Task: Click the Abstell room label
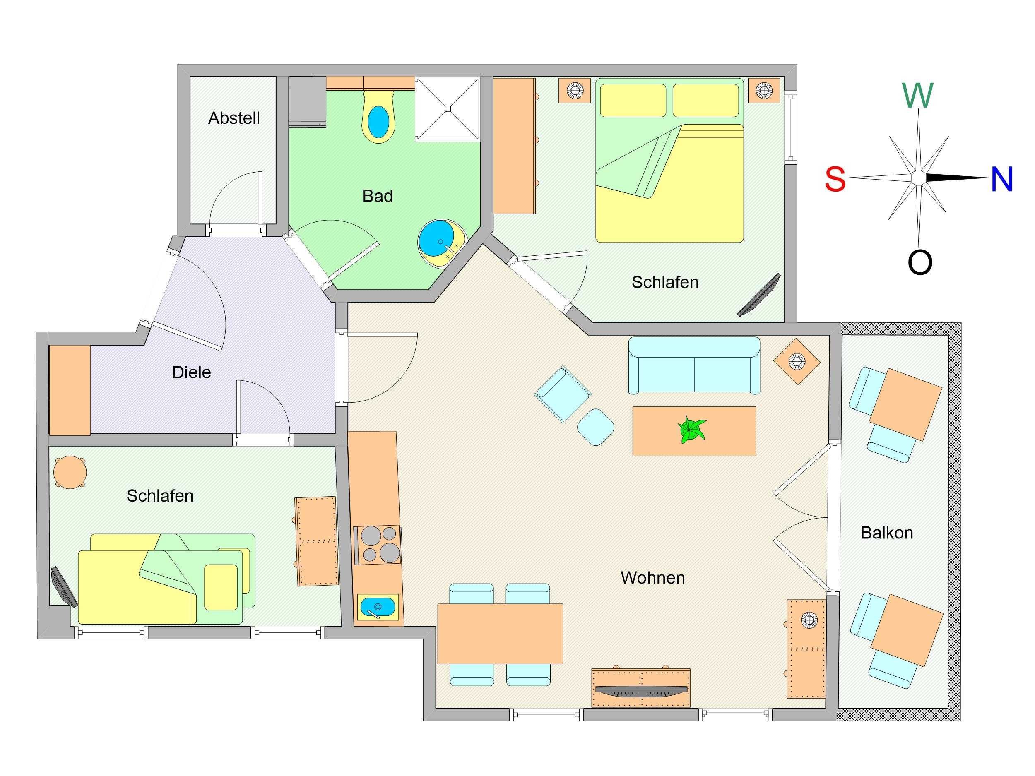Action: point(234,118)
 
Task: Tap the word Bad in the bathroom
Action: point(378,196)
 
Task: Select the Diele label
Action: point(191,372)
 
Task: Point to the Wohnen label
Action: point(653,578)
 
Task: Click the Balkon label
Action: point(887,533)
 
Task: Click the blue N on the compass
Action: point(1002,179)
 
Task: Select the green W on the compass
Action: point(917,96)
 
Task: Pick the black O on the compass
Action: point(920,262)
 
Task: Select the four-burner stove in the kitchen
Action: point(378,545)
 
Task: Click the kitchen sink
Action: point(378,607)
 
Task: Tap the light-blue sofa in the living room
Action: point(694,365)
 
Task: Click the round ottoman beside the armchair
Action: point(596,427)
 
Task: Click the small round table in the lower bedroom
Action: point(70,473)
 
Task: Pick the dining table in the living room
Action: point(500,634)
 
